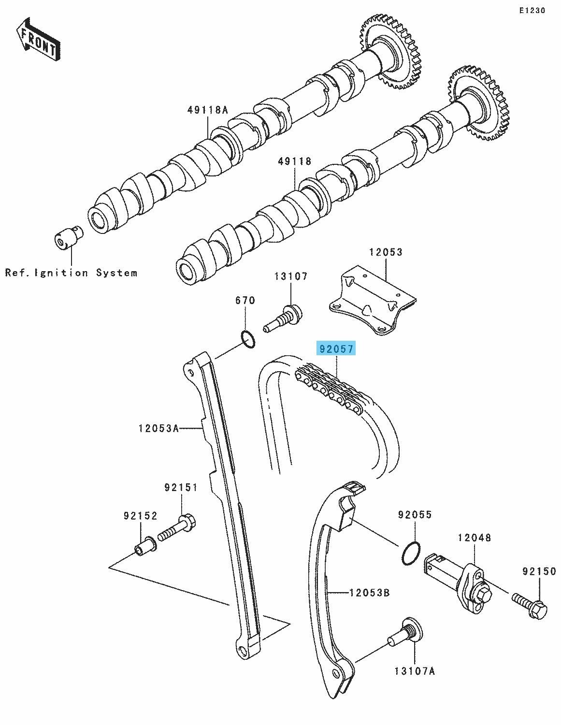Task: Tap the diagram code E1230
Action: coord(532,11)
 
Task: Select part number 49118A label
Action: coord(207,110)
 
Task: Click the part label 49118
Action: coord(295,161)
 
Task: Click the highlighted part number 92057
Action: coord(336,348)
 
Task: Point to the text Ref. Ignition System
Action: coord(72,273)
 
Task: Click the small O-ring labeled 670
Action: coord(248,338)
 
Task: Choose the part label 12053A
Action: coord(158,428)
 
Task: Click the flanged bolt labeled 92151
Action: coord(176,529)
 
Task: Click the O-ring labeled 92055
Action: coord(411,553)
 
